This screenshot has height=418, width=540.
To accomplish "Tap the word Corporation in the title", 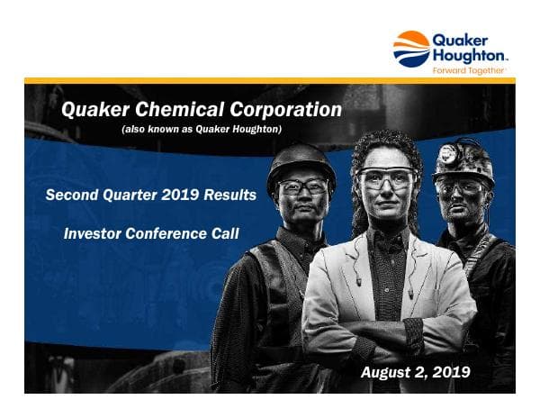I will pyautogui.click(x=286, y=110).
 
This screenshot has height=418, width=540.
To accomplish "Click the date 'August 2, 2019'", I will pyautogui.click(x=415, y=372).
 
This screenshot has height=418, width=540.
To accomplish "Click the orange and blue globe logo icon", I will pyautogui.click(x=412, y=49).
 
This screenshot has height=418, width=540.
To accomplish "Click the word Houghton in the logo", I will pyautogui.click(x=471, y=55).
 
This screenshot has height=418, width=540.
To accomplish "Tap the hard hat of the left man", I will pyautogui.click(x=301, y=162).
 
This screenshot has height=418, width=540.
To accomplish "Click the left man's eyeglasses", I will pyautogui.click(x=301, y=187).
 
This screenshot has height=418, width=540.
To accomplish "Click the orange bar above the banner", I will pyautogui.click(x=270, y=81).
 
